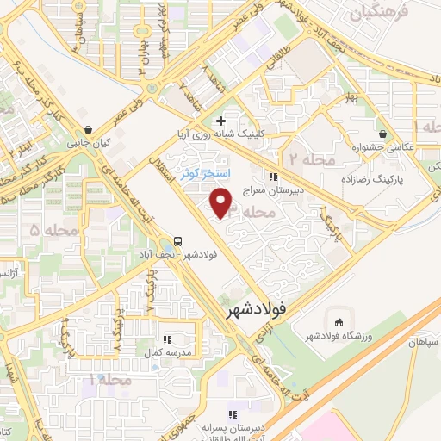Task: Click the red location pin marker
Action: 222,202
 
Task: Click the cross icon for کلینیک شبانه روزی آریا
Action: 222,121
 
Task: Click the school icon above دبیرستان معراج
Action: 274,177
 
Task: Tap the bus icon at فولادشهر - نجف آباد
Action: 177,241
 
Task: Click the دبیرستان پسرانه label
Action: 233,426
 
